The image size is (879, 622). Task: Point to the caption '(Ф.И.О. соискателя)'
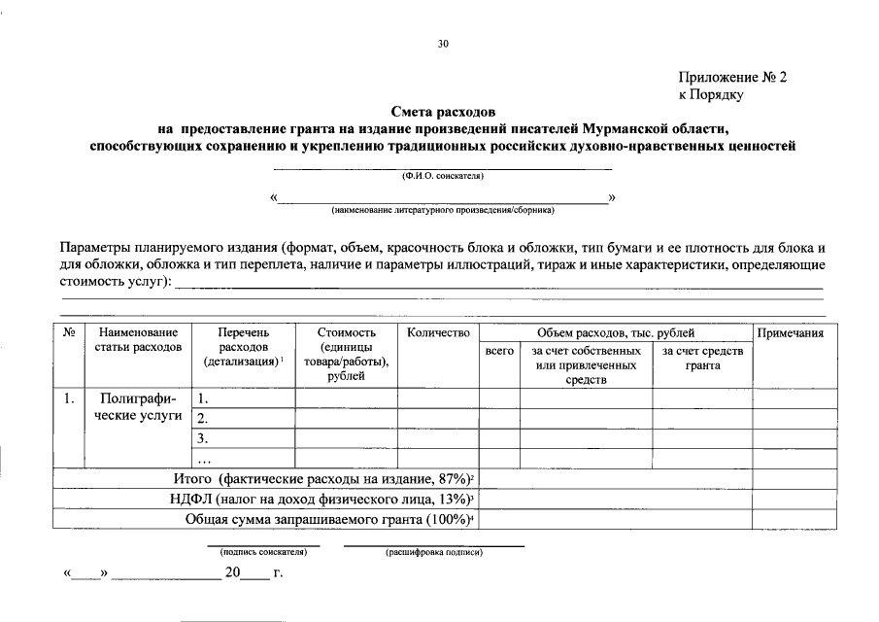point(443,176)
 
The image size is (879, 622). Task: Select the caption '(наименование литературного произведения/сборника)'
point(443,209)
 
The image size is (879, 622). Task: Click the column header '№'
point(70,333)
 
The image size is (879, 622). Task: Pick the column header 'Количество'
point(439,333)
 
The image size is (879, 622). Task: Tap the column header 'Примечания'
point(790,333)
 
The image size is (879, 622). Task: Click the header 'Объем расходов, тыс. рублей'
point(616,333)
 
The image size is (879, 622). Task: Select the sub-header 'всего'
point(499,351)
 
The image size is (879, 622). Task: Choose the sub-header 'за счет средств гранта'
point(702,358)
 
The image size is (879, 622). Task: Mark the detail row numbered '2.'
point(203,418)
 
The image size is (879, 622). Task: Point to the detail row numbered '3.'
point(203,438)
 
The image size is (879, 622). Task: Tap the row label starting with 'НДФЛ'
point(321,499)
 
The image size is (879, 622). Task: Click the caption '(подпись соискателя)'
point(257,552)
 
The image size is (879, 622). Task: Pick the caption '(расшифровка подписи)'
point(434,552)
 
